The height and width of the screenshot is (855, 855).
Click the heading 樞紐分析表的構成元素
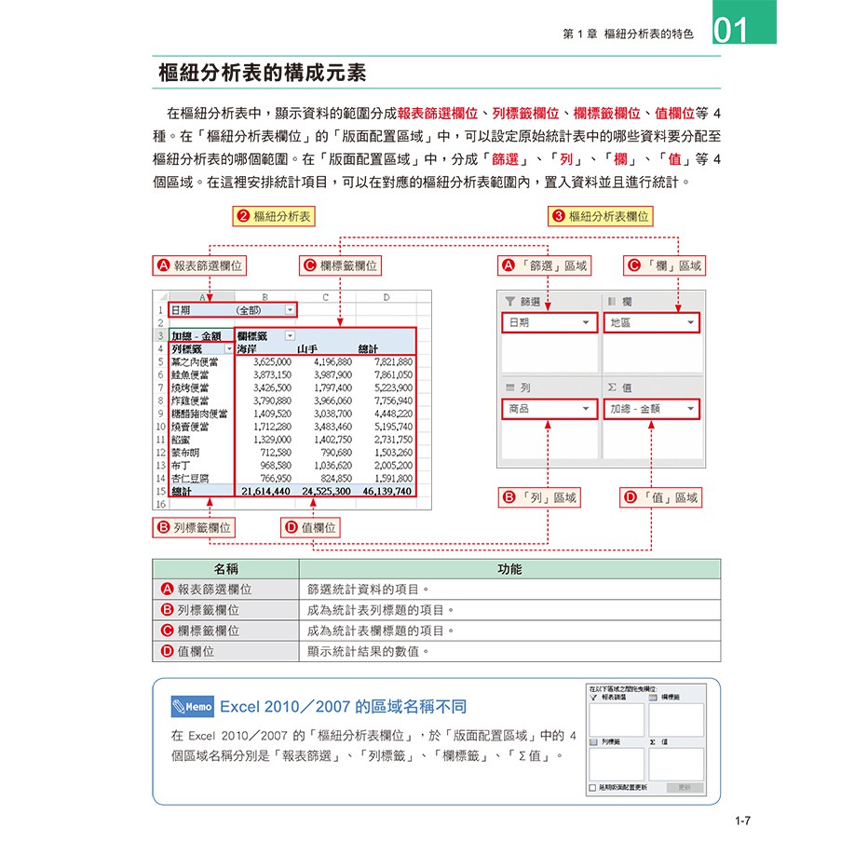point(263,73)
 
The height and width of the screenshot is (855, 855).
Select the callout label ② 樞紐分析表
point(273,216)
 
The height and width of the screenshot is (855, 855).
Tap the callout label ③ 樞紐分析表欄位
point(601,216)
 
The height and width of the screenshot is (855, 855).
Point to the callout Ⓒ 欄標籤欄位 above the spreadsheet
point(341,266)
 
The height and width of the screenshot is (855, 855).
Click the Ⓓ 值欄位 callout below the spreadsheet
point(310,528)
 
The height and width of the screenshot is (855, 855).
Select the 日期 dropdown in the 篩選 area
point(549,322)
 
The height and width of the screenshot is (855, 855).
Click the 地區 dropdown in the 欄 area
point(651,322)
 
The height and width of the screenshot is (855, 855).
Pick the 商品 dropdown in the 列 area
point(549,408)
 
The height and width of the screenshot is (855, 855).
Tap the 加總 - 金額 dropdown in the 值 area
point(651,408)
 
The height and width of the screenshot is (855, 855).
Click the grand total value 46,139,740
point(387,490)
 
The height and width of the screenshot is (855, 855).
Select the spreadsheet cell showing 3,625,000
point(266,361)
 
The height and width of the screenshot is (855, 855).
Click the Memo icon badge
point(193,706)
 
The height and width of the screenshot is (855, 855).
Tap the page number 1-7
point(742,821)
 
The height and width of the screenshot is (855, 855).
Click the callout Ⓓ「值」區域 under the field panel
point(660,498)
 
